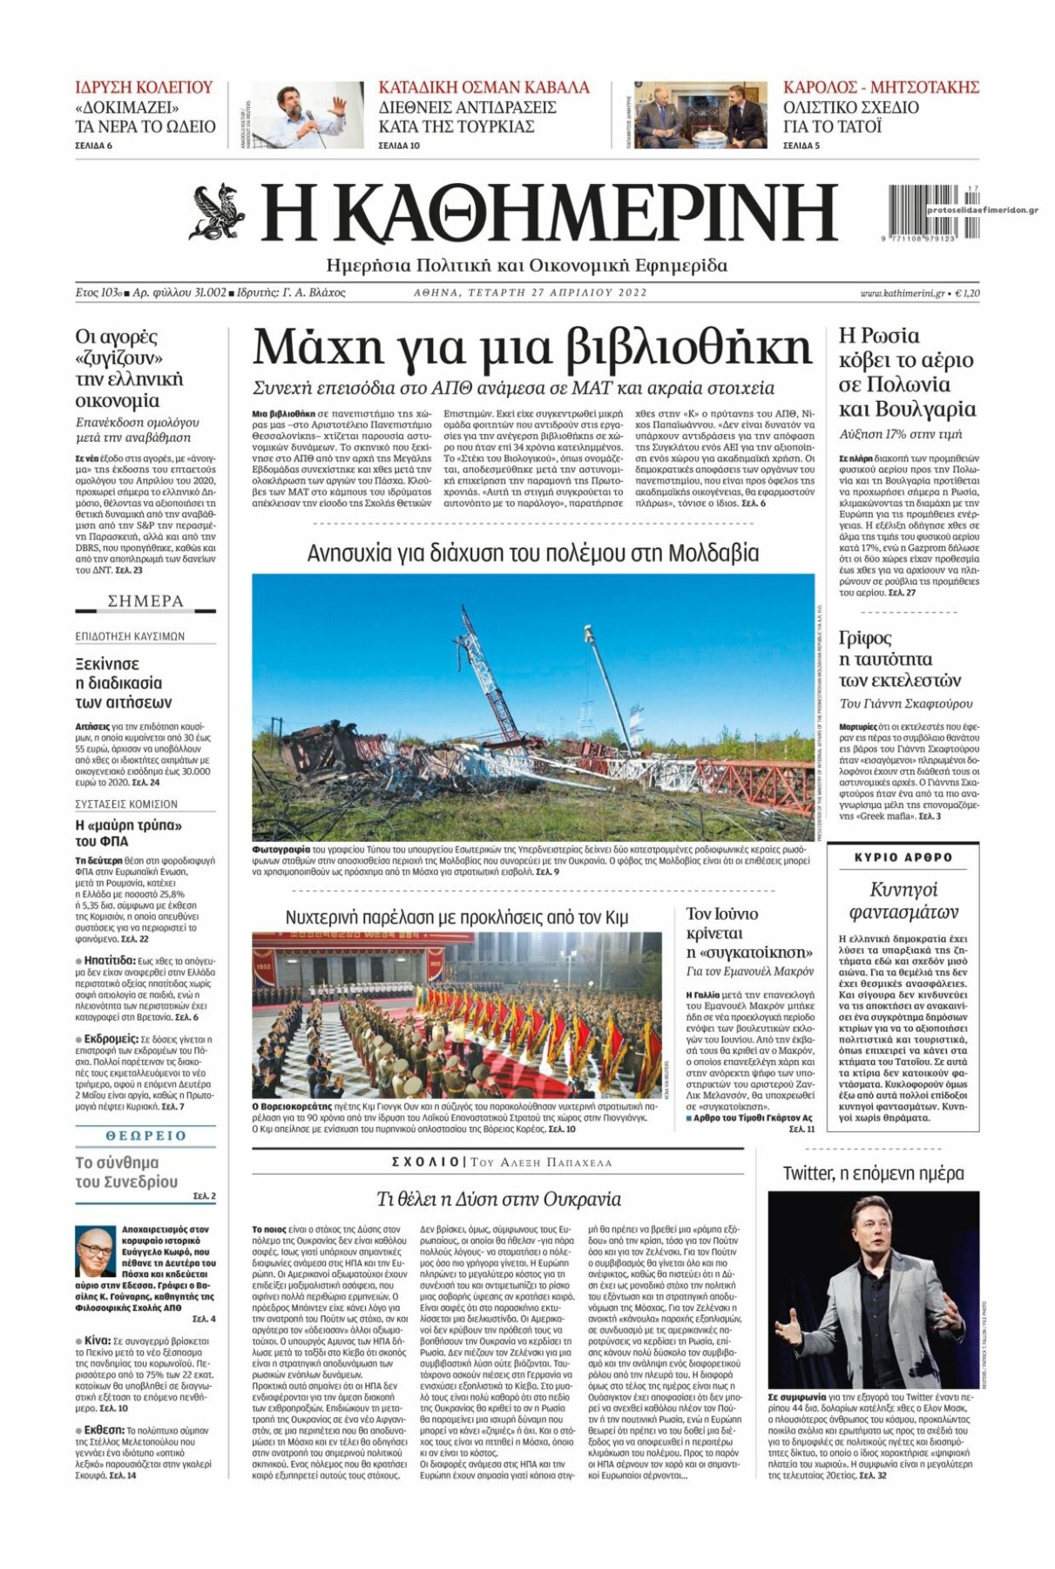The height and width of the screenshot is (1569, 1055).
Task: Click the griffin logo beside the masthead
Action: tap(218, 212)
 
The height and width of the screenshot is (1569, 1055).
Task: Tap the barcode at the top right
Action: tap(926, 210)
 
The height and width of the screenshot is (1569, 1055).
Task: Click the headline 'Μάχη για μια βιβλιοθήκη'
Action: tap(531, 347)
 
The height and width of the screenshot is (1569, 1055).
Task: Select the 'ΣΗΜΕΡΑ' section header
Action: tap(145, 601)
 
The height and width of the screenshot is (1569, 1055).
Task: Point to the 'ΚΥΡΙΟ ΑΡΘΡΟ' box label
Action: tap(903, 857)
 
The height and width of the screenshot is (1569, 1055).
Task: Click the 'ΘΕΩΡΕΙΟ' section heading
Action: tap(145, 1136)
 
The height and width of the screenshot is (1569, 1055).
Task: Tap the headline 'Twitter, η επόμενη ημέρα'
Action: tap(873, 1173)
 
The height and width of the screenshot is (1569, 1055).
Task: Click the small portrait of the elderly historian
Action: tap(95, 1252)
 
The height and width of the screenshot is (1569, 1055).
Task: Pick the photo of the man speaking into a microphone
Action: tap(307, 115)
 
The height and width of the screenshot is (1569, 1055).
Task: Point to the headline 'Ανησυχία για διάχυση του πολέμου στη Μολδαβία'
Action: tap(533, 554)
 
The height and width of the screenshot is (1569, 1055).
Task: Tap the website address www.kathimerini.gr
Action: tap(902, 293)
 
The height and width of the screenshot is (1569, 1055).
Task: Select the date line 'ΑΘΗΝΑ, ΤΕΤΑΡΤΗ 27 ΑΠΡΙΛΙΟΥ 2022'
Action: tap(530, 293)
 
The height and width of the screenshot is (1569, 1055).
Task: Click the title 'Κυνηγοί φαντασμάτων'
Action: tap(903, 900)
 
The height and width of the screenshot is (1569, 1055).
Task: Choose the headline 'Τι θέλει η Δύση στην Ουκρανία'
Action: tap(498, 1199)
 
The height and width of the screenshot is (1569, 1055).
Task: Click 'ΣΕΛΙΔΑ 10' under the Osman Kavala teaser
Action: tap(399, 146)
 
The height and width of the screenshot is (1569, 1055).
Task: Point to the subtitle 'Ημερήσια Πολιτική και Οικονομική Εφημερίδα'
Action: tap(526, 265)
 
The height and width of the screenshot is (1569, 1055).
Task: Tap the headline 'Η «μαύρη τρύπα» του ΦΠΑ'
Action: tap(128, 832)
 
